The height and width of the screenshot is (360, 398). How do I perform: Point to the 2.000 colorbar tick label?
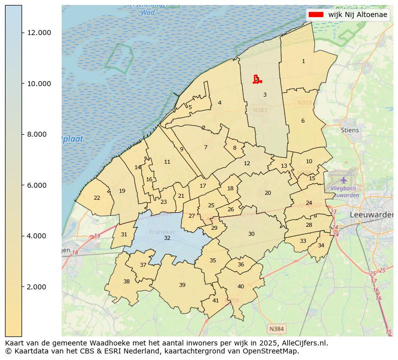(x=39, y=287)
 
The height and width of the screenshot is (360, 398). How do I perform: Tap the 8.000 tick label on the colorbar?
(x=39, y=134)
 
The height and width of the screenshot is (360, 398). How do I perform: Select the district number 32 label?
(x=167, y=238)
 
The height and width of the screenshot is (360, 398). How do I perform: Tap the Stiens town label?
(x=350, y=130)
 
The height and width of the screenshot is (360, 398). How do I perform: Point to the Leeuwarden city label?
(x=371, y=214)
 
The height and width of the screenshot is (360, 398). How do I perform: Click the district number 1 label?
(x=303, y=61)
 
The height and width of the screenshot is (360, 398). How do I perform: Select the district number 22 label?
(x=97, y=198)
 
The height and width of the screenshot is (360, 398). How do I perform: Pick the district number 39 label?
(x=182, y=285)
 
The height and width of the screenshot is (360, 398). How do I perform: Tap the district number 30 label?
(x=251, y=234)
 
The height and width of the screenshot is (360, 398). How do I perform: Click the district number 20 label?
(x=268, y=193)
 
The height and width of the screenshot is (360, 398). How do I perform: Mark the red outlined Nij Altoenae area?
(x=257, y=80)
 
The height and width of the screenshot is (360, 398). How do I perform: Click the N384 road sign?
(x=276, y=329)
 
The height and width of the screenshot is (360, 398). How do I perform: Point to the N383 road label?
(x=260, y=110)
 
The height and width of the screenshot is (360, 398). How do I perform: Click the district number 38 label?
(x=126, y=281)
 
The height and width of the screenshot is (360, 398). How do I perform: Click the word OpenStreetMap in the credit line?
(x=272, y=351)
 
